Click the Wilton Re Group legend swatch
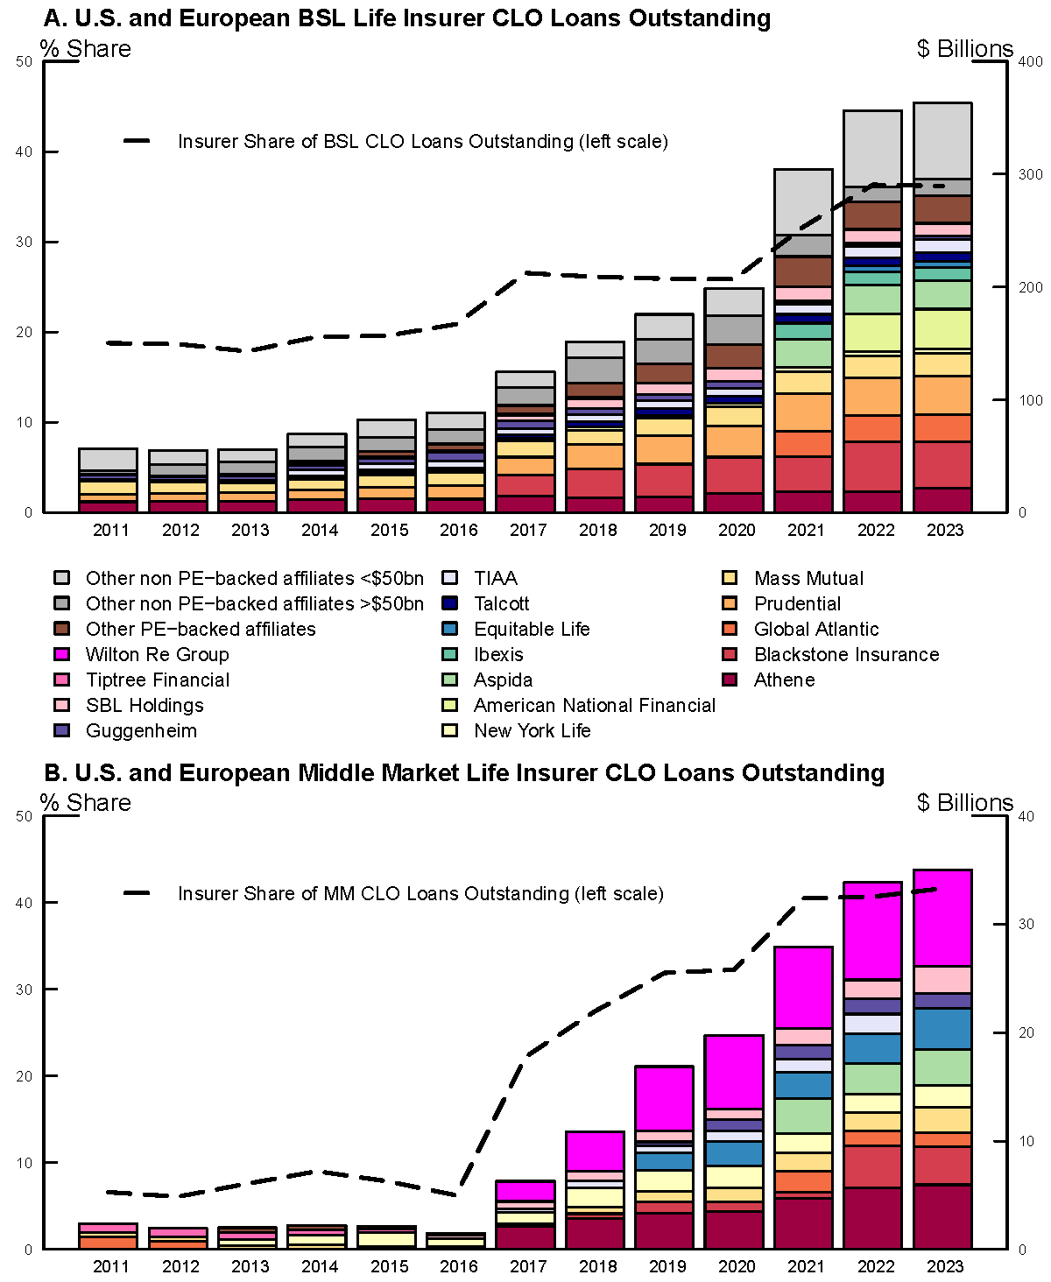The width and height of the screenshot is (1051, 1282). coord(61,654)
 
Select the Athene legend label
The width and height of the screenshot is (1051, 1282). coord(784,680)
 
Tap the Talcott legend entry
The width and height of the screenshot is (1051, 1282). coord(501,603)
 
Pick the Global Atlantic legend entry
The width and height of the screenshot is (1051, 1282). coord(815,629)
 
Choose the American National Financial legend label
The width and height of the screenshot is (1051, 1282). coord(594,705)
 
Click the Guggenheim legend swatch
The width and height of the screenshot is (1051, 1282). coord(61,730)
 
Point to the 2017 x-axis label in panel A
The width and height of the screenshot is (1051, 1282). coord(528,530)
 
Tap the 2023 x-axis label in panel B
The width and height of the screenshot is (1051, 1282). coord(945,1266)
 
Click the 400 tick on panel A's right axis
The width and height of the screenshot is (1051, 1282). coord(1030,61)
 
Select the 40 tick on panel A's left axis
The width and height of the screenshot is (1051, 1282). coord(25,151)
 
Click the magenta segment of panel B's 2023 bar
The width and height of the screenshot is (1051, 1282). coord(942,918)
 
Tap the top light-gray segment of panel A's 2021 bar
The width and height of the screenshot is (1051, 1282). coord(803,201)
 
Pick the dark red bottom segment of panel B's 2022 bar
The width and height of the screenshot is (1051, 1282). coord(872,1217)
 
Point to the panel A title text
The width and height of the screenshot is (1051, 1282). coord(407,18)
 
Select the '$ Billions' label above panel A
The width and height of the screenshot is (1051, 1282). coord(964,49)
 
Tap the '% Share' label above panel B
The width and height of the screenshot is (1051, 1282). coord(86,803)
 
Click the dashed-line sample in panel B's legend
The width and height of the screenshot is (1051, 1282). coord(138,893)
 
